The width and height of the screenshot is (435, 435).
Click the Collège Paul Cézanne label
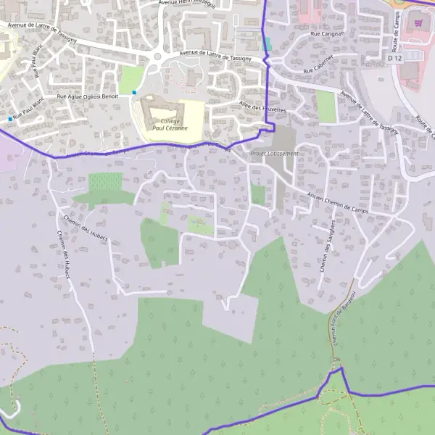pyautogui.click(x=165, y=123)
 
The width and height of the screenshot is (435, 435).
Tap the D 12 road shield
pyautogui.click(x=394, y=57)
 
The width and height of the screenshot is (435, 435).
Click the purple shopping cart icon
pyautogui.click(x=417, y=24)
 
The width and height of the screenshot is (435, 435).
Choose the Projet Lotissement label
pyautogui.click(x=274, y=154)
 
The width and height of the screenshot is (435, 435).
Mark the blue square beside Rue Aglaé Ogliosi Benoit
pyautogui.click(x=134, y=93)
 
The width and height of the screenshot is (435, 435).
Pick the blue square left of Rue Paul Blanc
pyautogui.click(x=10, y=119)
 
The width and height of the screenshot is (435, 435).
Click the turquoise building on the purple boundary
pyautogui.click(x=267, y=43)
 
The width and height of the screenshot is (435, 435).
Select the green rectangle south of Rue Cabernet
pyautogui.click(x=326, y=106)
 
